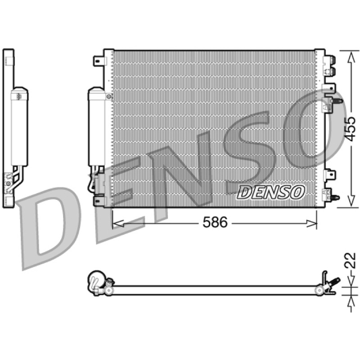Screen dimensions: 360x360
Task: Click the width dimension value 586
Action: pos(215,222)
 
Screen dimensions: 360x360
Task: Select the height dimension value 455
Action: pos(351,129)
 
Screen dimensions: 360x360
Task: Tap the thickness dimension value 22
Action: pos(351,261)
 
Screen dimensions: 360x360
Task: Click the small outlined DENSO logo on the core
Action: pos(271,192)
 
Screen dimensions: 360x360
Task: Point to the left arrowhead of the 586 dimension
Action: pos(118,223)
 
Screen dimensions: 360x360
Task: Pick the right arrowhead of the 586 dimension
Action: pos(311,223)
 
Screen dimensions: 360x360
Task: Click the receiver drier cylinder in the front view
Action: pos(96,126)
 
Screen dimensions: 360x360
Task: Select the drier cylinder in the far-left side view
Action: pos(19,126)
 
